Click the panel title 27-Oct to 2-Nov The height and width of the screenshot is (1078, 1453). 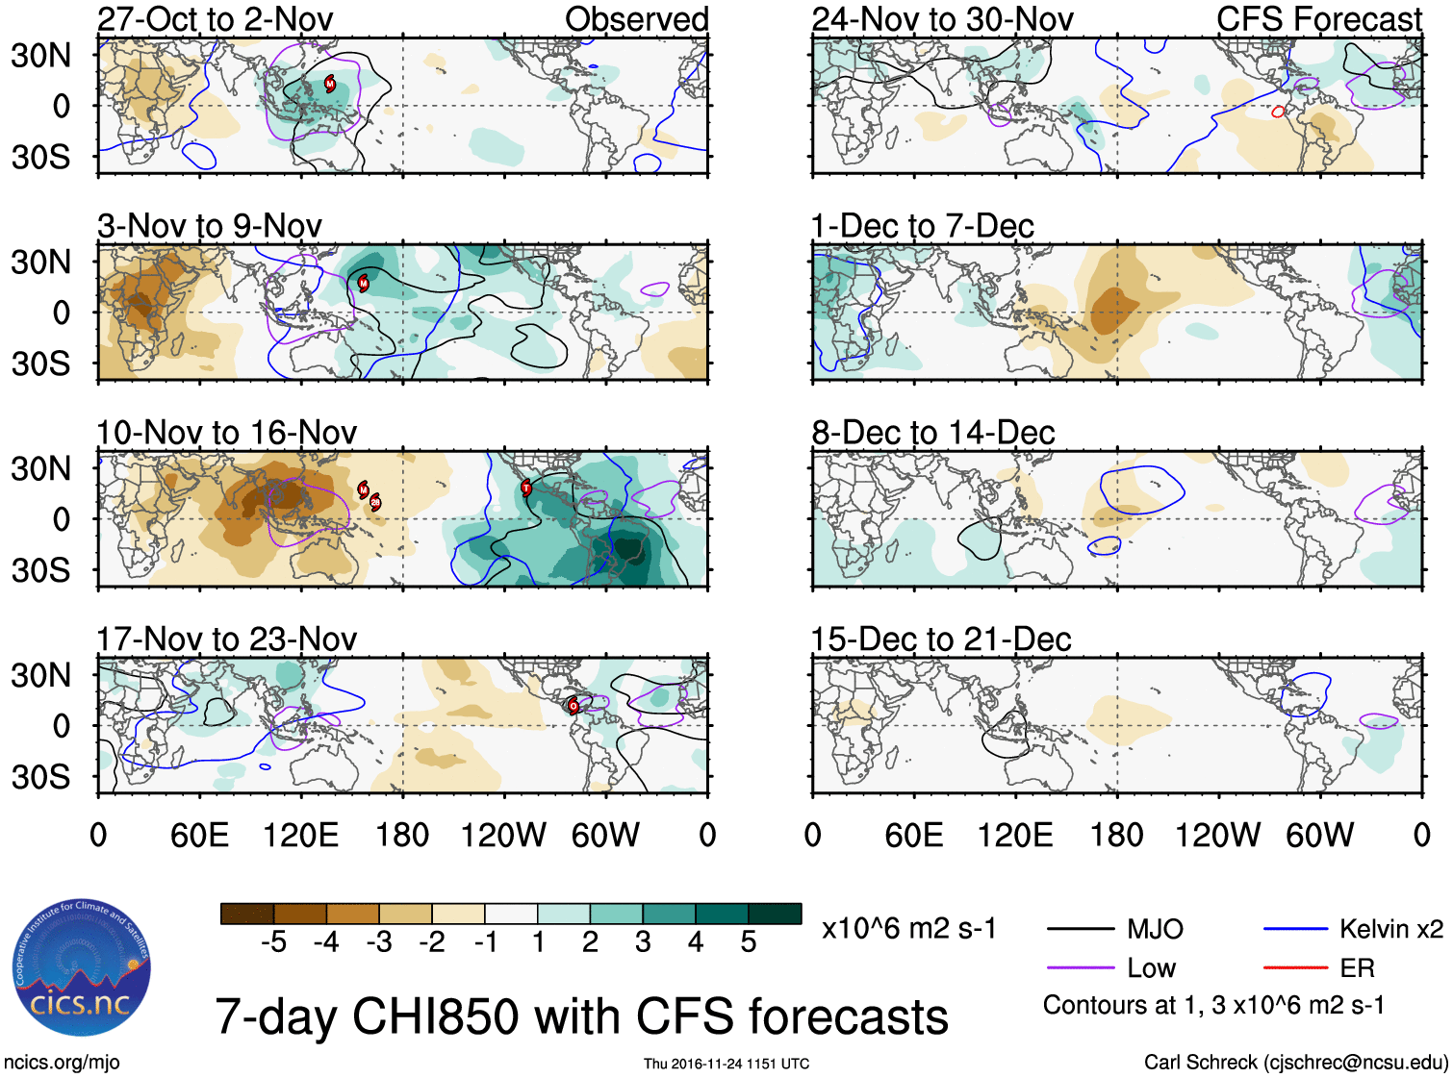[x=216, y=19]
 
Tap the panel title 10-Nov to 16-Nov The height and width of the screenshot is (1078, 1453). [x=227, y=433]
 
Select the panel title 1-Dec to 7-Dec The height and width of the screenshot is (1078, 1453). [x=922, y=226]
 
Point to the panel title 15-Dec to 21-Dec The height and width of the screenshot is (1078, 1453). [x=941, y=639]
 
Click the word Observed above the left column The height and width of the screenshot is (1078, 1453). [x=636, y=19]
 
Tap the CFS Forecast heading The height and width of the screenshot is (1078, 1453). [x=1318, y=19]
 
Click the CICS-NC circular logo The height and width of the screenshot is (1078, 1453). [x=81, y=968]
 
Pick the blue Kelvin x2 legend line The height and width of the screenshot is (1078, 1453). [x=1295, y=929]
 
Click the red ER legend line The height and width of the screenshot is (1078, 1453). [x=1295, y=968]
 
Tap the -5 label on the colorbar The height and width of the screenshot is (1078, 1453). [x=273, y=942]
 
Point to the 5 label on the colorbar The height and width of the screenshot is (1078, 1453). [x=749, y=942]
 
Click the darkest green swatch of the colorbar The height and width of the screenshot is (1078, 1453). [x=775, y=914]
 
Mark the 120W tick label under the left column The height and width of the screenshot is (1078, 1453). [x=503, y=835]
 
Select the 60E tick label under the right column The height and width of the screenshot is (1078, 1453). [x=913, y=835]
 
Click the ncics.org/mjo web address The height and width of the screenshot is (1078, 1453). [x=62, y=1062]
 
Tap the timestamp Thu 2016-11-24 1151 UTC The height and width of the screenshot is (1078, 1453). [x=726, y=1064]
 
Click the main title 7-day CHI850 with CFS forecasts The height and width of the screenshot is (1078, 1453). [x=581, y=1016]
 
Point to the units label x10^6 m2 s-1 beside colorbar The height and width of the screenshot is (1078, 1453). [x=908, y=929]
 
